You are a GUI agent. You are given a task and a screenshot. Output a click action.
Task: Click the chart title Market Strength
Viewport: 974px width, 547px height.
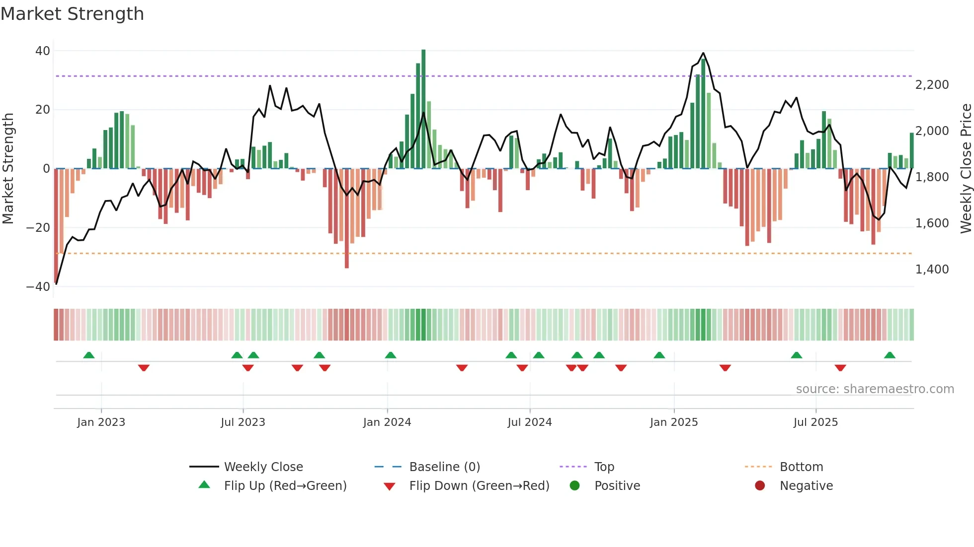72,14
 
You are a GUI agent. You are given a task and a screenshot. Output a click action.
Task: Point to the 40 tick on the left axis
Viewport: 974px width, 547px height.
43,51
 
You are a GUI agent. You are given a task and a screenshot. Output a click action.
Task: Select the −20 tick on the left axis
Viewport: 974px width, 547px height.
38,228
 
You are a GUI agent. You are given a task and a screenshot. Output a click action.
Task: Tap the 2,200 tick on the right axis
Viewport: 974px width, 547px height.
932,85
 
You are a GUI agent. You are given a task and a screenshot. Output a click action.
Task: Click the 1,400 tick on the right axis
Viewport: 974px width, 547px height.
932,270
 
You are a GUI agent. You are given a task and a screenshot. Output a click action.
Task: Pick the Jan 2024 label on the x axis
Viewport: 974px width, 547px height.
387,422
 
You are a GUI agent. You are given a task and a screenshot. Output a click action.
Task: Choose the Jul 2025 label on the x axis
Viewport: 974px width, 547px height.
815,422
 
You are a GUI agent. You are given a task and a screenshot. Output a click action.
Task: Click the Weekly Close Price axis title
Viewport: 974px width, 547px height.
966,169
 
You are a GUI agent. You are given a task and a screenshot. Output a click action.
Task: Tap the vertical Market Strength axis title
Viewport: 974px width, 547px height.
8,169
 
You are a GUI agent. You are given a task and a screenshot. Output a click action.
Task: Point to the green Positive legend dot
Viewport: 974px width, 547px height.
575,486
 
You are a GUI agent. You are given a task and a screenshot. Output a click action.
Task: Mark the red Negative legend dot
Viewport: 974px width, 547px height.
760,486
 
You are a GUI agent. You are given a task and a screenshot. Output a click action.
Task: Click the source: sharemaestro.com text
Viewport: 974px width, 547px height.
875,389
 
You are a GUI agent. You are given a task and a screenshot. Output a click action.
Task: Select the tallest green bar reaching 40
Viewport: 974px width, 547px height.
423,109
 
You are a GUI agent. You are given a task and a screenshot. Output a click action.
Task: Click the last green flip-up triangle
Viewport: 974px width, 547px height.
890,355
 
